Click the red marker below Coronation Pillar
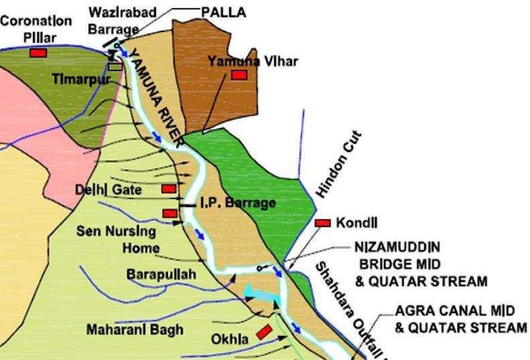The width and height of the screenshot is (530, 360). (38, 52)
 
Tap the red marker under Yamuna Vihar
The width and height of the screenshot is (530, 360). (239, 75)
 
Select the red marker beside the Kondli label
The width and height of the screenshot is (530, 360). (323, 223)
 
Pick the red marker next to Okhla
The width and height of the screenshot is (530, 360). (264, 331)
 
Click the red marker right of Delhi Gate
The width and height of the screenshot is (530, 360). (169, 189)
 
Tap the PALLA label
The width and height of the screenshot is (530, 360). (224, 12)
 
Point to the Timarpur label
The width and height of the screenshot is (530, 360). (81, 79)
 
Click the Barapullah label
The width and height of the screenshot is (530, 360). (161, 275)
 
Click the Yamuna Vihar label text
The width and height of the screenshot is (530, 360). (252, 61)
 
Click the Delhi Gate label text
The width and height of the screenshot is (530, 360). (108, 190)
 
